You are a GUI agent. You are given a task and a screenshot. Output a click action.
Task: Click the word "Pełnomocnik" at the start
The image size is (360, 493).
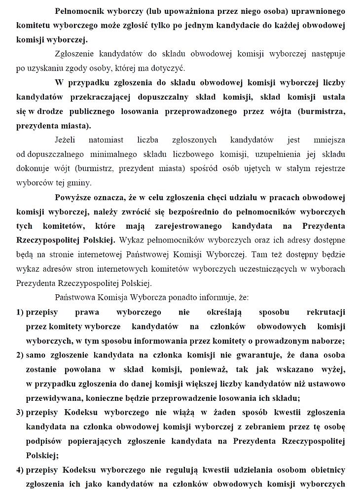coord(80,10)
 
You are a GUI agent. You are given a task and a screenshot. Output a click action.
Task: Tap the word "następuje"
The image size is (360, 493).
coord(325,53)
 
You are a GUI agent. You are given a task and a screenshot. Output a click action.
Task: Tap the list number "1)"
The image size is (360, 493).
coord(20,313)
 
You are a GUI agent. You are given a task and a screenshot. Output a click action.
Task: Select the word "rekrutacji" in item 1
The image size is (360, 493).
coord(325,313)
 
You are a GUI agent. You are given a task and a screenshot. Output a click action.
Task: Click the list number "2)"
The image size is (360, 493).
coord(20,355)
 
